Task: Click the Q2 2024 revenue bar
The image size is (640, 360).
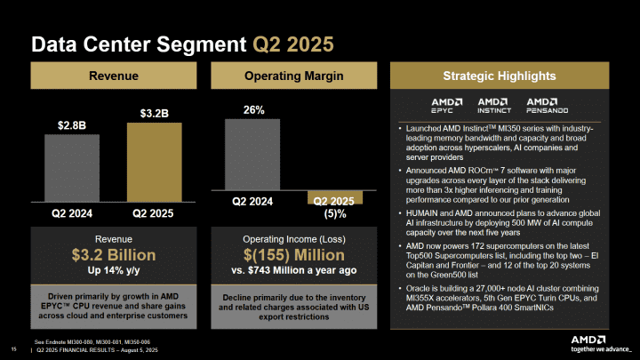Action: point(72,168)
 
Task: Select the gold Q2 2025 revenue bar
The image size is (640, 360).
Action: point(153,163)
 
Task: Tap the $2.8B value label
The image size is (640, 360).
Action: point(72,125)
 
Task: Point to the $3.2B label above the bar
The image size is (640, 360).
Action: point(153,114)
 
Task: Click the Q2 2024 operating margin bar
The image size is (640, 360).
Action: point(252,155)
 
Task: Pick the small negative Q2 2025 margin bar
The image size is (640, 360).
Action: point(334,197)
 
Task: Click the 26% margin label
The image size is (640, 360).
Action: point(252,110)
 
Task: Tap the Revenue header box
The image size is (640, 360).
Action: point(112,76)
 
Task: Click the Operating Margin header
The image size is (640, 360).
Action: point(293,76)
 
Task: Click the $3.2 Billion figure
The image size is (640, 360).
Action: point(112,255)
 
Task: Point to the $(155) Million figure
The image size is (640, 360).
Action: point(293,255)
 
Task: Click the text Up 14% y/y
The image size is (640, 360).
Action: point(112,270)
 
